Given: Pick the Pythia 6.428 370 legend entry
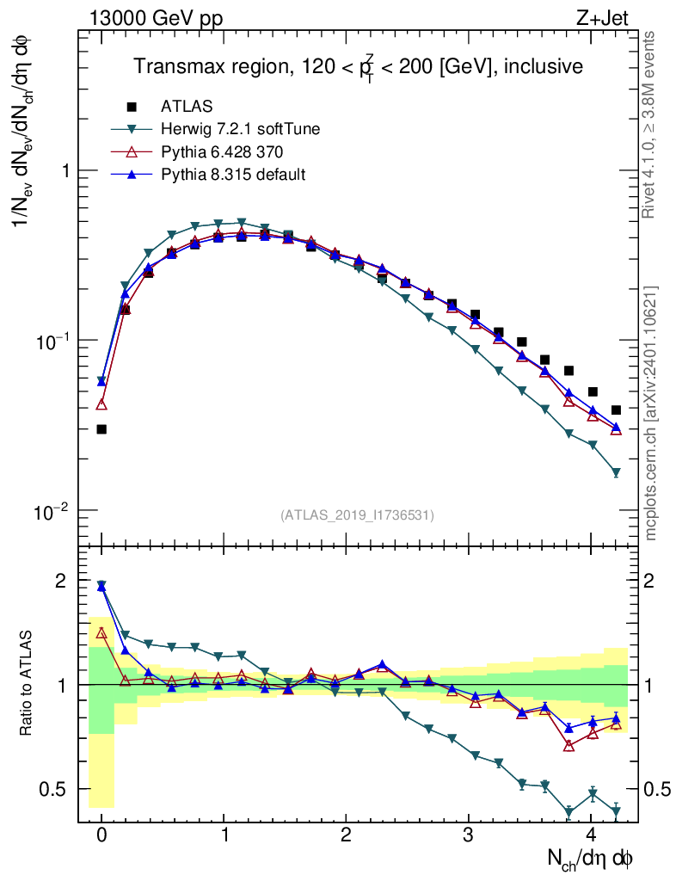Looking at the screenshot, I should (x=222, y=152).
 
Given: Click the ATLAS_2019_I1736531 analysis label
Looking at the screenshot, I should (x=357, y=514).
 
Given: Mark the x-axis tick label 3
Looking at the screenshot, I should (x=468, y=835).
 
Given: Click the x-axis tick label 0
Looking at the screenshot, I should (x=101, y=835).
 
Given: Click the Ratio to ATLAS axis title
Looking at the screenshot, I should (x=27, y=684).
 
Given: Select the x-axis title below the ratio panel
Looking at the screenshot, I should (x=591, y=858).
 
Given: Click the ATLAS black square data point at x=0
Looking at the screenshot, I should (x=101, y=428).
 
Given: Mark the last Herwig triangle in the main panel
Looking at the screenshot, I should (x=616, y=472).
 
